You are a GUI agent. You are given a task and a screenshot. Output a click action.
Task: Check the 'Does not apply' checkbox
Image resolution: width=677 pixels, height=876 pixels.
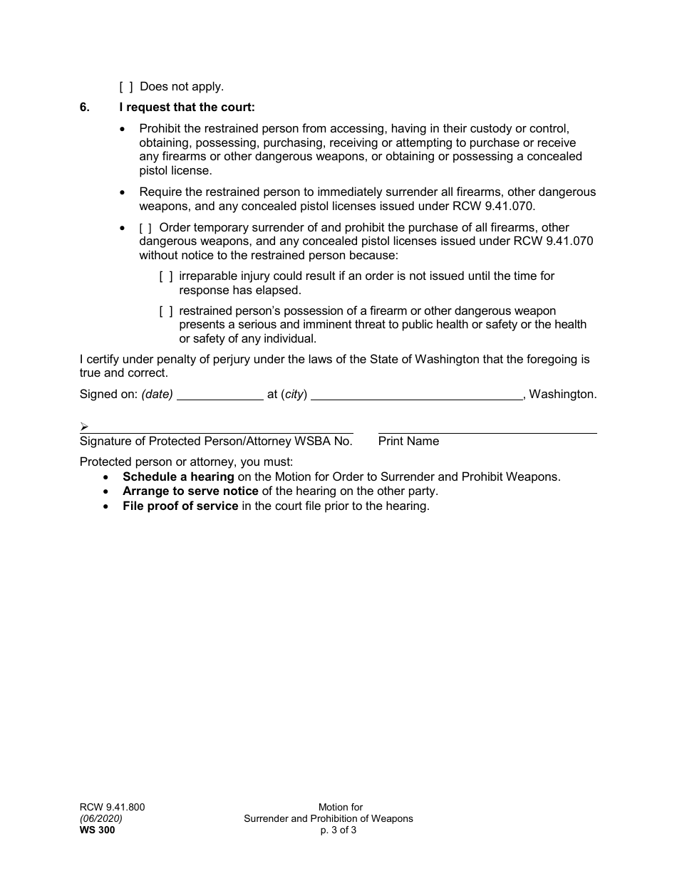click(x=125, y=87)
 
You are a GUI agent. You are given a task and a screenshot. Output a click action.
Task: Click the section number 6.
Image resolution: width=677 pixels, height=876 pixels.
click(x=85, y=108)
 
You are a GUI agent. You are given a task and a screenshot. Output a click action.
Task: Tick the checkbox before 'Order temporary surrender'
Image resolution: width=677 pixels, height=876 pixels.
click(x=145, y=228)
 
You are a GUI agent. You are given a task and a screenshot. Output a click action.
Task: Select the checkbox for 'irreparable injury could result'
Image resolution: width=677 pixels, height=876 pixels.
click(x=165, y=276)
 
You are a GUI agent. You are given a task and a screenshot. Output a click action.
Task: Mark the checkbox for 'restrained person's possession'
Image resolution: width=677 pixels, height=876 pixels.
click(x=165, y=311)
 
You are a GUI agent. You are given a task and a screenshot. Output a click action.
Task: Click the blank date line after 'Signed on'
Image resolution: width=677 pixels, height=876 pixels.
click(x=219, y=395)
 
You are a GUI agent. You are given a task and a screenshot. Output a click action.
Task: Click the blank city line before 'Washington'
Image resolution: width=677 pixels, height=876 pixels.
click(x=417, y=395)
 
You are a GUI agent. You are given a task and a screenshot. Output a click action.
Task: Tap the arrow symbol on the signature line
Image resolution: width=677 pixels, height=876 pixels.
click(x=84, y=427)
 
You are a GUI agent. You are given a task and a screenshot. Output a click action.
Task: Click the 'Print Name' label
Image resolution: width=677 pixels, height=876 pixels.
click(x=408, y=442)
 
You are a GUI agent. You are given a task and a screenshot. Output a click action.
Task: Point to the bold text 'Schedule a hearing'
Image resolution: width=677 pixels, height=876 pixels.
click(x=178, y=477)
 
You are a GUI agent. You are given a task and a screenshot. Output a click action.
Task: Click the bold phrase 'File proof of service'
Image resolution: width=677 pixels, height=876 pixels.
click(x=180, y=506)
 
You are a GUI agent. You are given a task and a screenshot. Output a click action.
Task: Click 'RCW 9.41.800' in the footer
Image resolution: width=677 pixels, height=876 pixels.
click(x=112, y=807)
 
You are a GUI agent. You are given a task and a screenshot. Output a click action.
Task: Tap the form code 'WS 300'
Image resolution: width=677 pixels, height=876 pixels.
click(x=97, y=830)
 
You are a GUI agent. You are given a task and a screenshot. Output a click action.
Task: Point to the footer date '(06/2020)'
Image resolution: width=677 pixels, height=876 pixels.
click(x=101, y=818)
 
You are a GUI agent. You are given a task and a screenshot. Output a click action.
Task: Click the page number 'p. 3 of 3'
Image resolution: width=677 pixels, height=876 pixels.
click(x=338, y=830)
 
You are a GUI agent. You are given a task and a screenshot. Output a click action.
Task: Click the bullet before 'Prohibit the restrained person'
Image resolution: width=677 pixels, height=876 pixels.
click(x=125, y=130)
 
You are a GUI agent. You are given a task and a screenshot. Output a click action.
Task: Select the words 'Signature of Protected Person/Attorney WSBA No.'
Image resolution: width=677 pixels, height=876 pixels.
click(x=216, y=442)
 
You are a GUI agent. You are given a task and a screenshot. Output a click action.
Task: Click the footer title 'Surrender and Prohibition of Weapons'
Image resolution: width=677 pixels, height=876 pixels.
click(x=329, y=818)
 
